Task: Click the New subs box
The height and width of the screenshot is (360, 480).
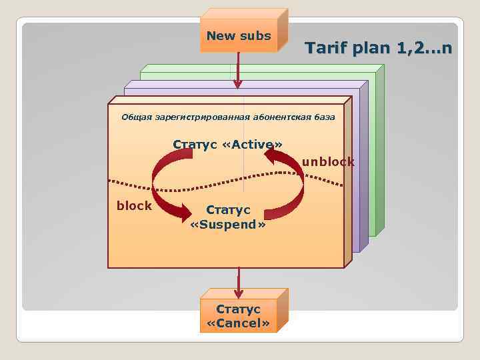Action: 239,36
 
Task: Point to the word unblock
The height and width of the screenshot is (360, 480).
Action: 328,162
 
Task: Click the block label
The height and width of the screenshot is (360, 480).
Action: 134,206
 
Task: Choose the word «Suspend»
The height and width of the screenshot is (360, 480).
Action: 228,225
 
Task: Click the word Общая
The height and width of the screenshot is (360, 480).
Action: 136,117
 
